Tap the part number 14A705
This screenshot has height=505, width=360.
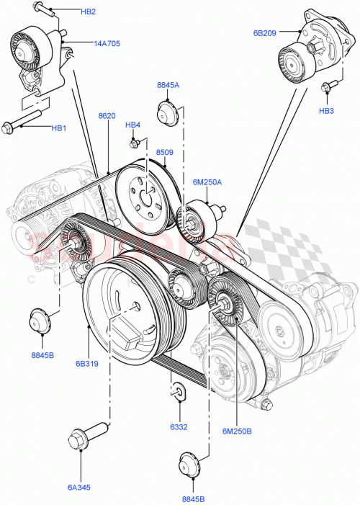[107, 43]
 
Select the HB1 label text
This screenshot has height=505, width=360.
[58, 128]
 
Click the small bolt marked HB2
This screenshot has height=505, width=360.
[44, 10]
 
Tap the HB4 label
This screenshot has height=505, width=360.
[132, 125]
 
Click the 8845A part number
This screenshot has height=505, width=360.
[168, 85]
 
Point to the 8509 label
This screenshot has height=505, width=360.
[165, 152]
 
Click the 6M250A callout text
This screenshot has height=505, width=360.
[207, 182]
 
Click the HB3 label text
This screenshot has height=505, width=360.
[326, 111]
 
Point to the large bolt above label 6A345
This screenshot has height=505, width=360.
[78, 439]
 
